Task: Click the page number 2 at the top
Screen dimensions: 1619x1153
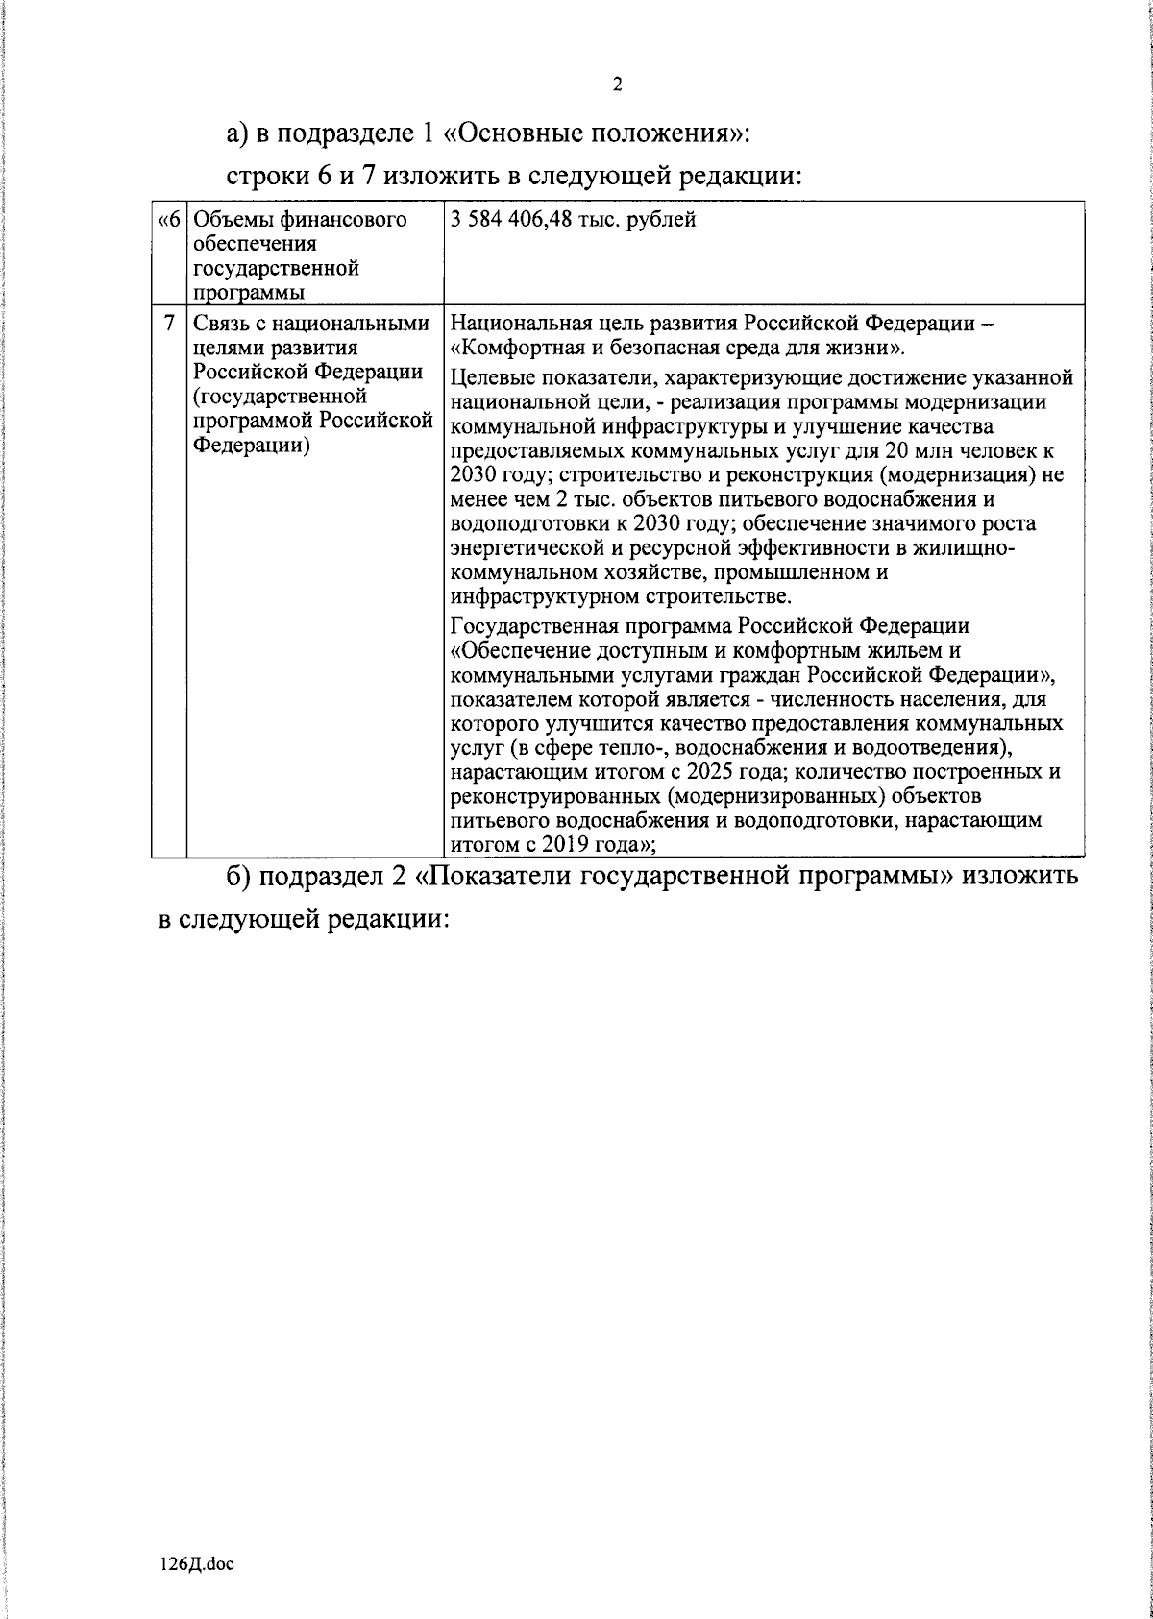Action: tap(617, 85)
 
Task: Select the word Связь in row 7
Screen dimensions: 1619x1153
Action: tap(222, 325)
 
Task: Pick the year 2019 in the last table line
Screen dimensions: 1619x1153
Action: tap(564, 845)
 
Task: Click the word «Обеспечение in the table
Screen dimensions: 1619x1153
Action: tap(517, 650)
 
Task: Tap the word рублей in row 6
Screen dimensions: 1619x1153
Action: tap(664, 220)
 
